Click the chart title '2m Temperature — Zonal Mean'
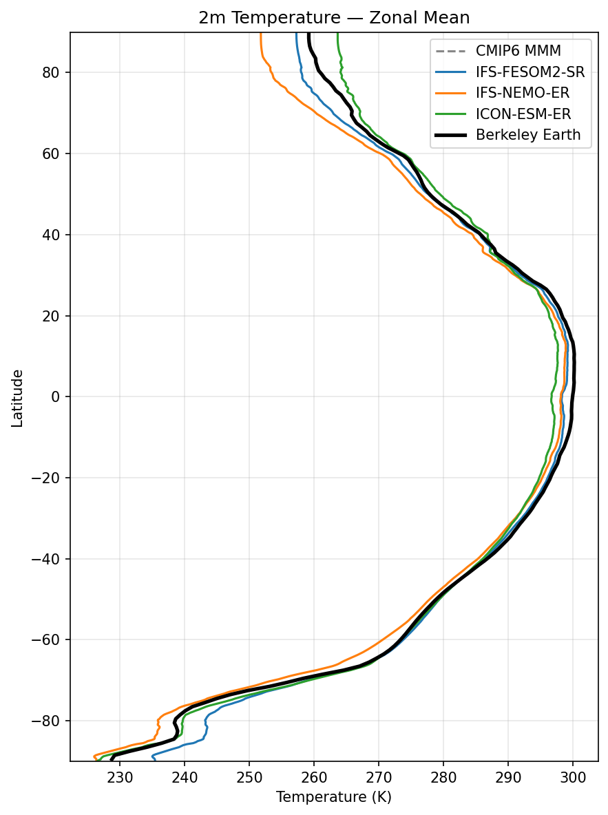pos(334,19)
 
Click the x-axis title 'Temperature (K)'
pos(334,797)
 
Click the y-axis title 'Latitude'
pos(18,397)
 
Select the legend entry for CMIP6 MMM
pos(518,51)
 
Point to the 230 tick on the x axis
pos(120,777)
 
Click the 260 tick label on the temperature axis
pos(314,777)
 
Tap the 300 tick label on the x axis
pos(573,777)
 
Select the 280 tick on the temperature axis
pos(443,777)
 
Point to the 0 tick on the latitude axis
pos(58,396)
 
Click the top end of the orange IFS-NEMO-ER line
pos(261,33)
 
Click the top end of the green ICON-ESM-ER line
pos(337,33)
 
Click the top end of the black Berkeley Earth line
pos(308,33)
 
